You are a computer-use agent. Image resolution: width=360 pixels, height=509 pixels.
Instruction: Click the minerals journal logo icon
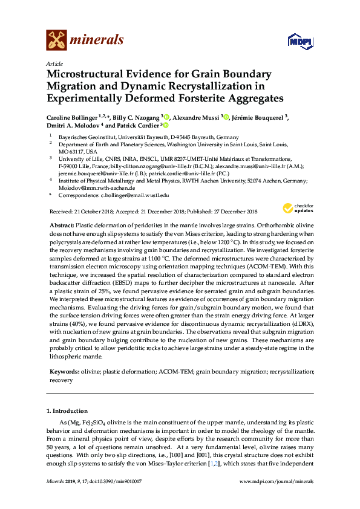[56, 40]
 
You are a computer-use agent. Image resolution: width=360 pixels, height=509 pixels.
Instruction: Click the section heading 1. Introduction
[70, 410]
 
